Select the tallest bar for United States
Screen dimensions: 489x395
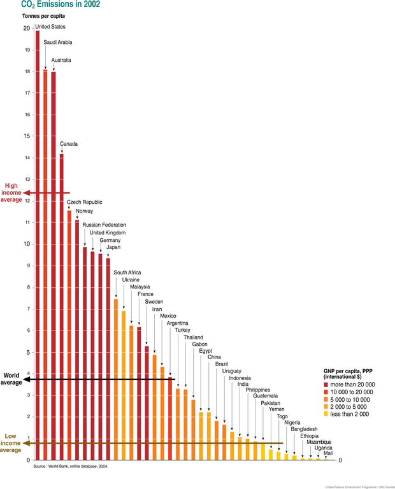[x=38, y=242]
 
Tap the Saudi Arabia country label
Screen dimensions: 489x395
[x=57, y=42]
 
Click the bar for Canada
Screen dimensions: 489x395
[x=61, y=306]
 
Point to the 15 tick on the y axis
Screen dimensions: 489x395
[x=26, y=136]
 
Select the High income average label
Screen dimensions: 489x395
[x=13, y=192]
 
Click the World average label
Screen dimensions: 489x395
[x=13, y=379]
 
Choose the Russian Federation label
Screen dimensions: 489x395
[x=104, y=225]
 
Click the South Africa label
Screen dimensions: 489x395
[x=127, y=273]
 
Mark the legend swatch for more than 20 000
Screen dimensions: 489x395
[x=326, y=385]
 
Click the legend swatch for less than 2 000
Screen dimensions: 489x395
[x=326, y=414]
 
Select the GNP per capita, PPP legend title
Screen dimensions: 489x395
[x=349, y=373]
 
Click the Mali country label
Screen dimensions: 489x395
[x=328, y=453]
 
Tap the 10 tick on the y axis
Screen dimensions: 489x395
[x=26, y=244]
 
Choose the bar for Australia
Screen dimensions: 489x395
[x=54, y=264]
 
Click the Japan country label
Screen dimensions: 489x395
[x=113, y=248]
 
